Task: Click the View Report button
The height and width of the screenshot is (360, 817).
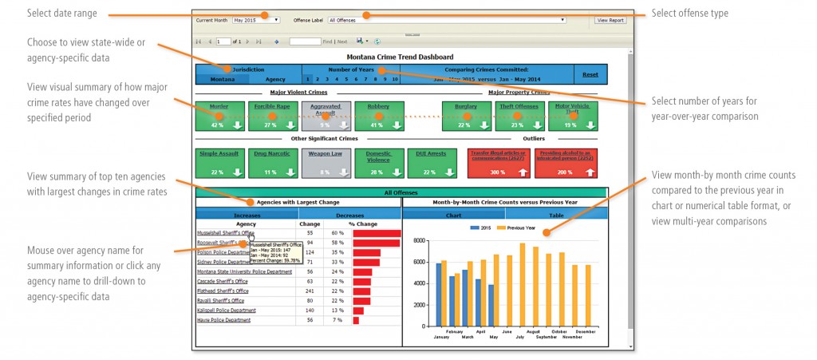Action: point(611,19)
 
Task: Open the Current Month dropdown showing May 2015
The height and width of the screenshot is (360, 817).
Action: point(255,19)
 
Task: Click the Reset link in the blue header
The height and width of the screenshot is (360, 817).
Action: point(590,74)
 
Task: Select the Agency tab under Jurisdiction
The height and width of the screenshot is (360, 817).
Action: point(275,80)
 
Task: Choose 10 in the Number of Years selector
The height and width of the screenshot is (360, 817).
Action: point(395,80)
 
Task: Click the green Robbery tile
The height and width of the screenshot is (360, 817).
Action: point(379,117)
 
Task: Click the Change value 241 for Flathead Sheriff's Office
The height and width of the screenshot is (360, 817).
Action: point(310,291)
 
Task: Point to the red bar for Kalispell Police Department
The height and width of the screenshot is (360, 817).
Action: point(357,311)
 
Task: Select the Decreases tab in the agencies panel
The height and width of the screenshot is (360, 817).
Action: point(350,215)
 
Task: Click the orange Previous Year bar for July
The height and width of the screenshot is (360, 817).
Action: point(523,285)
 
